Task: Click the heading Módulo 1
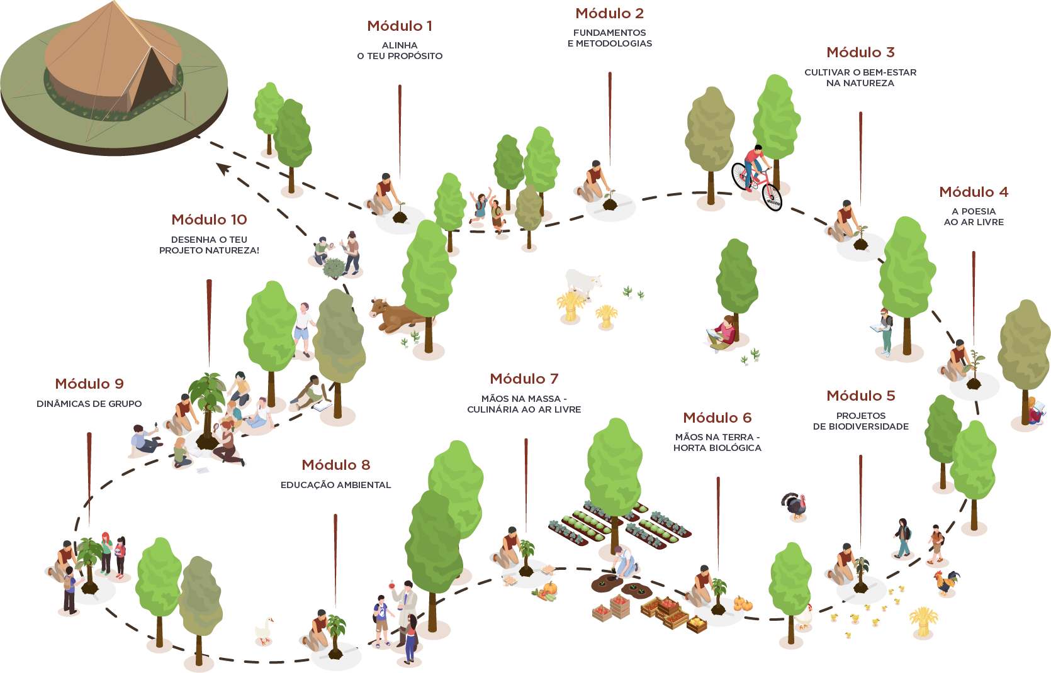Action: coord(399,26)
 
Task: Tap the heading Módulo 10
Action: coord(210,220)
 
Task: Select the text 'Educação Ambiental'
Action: coord(335,485)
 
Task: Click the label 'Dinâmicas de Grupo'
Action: coord(89,404)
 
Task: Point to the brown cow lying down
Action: coord(396,315)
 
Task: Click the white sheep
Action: coord(583,283)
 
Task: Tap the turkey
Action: coord(794,506)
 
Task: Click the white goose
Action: coord(264,630)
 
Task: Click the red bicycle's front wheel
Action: coord(772,197)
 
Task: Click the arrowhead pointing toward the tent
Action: coord(224,169)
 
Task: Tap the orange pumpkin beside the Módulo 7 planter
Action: coord(550,588)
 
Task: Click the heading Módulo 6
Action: coord(717,418)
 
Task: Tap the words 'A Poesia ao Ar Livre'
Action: coord(974,216)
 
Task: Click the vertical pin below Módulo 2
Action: coord(610,119)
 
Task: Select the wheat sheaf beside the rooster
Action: coord(923,622)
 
